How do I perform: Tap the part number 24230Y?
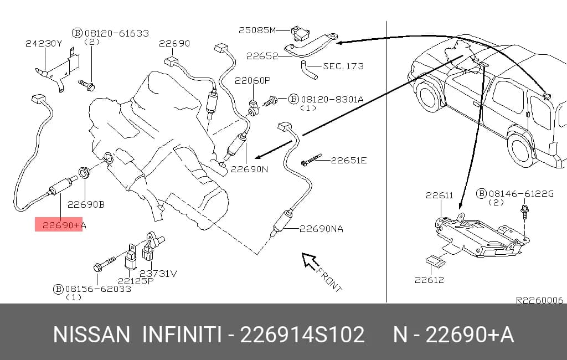(x=44, y=43)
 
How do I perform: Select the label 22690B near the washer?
(x=86, y=204)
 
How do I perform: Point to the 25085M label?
(x=257, y=30)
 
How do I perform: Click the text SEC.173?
(x=343, y=66)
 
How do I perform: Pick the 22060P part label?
(x=252, y=80)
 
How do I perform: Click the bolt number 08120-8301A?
(x=332, y=99)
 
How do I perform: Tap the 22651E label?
(x=349, y=160)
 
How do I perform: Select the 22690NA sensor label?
(x=321, y=229)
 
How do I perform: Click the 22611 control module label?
(x=439, y=196)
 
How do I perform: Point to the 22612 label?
(x=429, y=280)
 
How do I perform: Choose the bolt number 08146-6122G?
(x=520, y=194)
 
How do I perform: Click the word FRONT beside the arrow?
(x=329, y=279)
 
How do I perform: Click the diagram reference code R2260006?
(x=539, y=300)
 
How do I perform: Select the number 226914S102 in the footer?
(x=302, y=335)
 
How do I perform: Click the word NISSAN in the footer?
(x=91, y=335)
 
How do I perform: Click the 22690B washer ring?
(x=84, y=173)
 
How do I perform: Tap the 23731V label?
(x=158, y=273)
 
